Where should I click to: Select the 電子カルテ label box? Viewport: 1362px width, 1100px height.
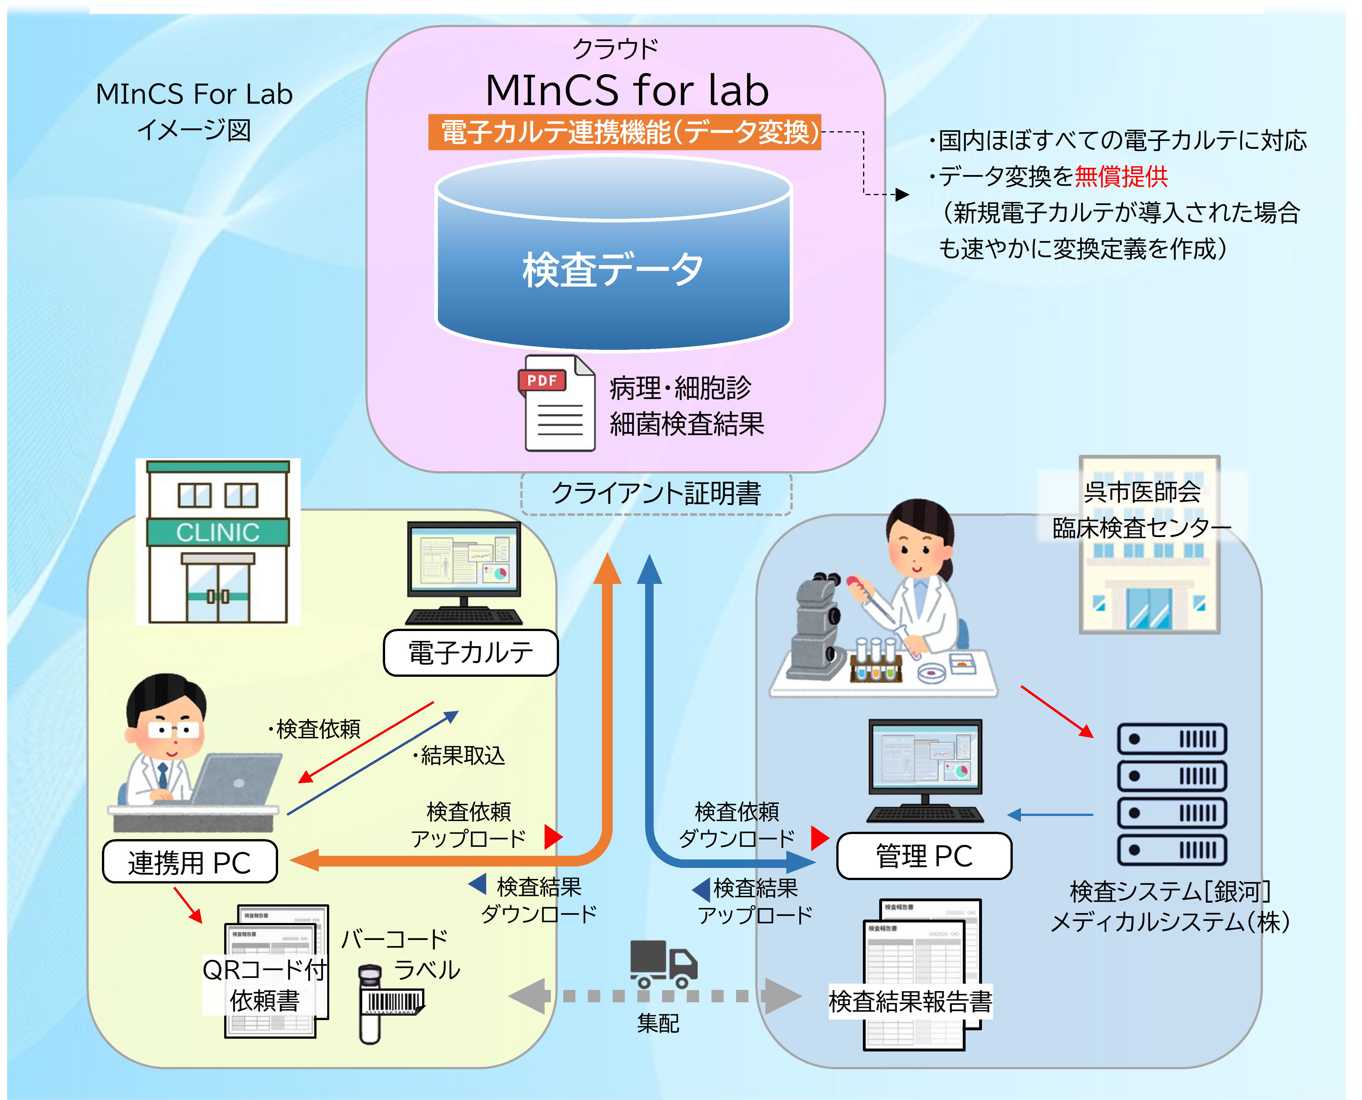coord(471,653)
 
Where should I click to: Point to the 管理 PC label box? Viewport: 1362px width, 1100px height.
coord(924,856)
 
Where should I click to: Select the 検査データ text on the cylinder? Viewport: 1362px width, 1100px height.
coord(613,269)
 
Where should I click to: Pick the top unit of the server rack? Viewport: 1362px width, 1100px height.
coord(1172,739)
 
